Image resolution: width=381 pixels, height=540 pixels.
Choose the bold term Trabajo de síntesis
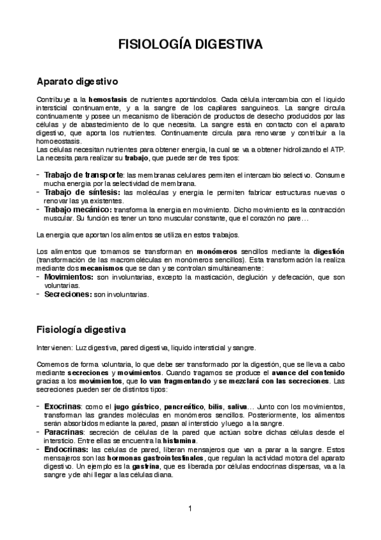pyautogui.click(x=81, y=192)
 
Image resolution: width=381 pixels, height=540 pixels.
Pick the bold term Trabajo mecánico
pyautogui.click(x=78, y=209)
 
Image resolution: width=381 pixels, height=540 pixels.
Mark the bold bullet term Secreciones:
pyautogui.click(x=68, y=295)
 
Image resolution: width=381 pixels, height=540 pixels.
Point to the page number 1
pyautogui.click(x=190, y=508)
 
